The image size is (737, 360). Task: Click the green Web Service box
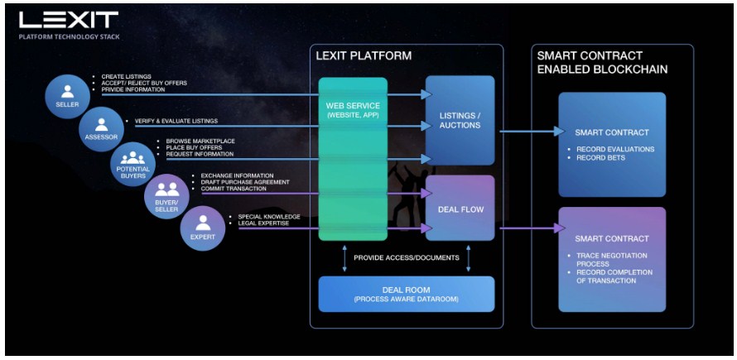coord(353,157)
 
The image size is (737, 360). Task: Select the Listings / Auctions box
coord(460,120)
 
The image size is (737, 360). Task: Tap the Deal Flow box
coord(460,208)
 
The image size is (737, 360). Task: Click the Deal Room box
coord(406,294)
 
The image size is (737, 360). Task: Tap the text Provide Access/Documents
coord(406,257)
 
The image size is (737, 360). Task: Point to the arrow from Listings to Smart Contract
coord(530,131)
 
